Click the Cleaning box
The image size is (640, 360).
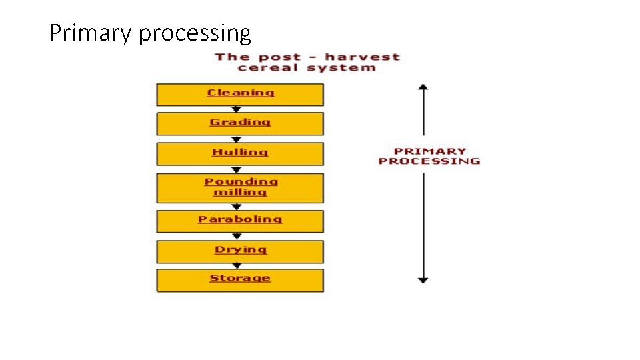pos(240,94)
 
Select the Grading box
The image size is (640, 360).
pos(240,123)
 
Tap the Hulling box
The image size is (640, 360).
pos(240,153)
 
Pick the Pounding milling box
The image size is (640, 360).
pos(240,188)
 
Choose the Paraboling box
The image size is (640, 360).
pos(240,221)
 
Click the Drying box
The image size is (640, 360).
pos(240,251)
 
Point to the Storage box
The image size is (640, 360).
pos(240,280)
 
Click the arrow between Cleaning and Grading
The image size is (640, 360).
pos(236,109)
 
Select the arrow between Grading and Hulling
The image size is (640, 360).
pos(236,139)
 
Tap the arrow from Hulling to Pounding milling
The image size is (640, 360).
pos(236,169)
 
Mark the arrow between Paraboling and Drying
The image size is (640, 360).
pos(236,236)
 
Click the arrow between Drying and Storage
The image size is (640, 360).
pos(236,265)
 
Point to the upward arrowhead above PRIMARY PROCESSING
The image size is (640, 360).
pos(423,87)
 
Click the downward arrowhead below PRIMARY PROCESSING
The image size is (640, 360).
pos(423,280)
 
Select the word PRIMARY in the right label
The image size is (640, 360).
pos(429,151)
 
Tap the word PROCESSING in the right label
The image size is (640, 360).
pos(429,161)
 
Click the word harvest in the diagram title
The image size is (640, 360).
pos(362,57)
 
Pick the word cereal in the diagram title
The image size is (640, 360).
pos(266,67)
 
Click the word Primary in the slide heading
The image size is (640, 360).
pos(91,33)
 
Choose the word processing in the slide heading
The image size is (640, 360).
pos(195,33)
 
